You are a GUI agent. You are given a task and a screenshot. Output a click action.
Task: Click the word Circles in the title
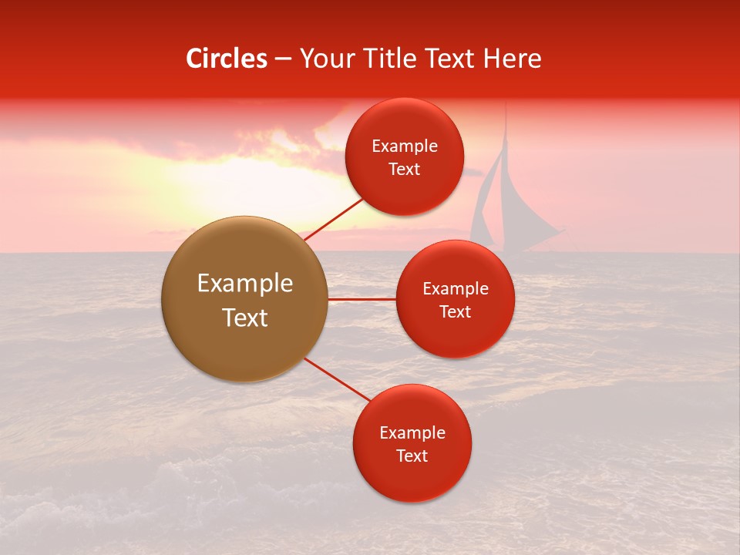(226, 59)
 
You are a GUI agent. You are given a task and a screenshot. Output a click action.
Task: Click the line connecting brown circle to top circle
(333, 219)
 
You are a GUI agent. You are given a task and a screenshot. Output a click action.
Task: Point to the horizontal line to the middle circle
(362, 299)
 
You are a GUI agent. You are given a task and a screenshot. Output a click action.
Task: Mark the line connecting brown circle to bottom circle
(336, 379)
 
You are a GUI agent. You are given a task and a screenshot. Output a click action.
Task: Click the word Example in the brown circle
(245, 284)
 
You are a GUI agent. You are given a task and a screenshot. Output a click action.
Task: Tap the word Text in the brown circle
(245, 318)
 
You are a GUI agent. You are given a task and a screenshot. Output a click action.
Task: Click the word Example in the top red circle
(405, 146)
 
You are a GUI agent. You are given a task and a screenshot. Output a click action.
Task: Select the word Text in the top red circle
(404, 170)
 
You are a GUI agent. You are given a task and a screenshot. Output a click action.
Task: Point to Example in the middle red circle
(456, 289)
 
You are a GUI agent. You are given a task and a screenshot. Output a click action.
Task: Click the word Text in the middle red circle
(455, 312)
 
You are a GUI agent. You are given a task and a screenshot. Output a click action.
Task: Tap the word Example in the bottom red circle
(412, 433)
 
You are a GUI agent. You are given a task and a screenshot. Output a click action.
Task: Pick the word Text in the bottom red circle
(412, 456)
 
